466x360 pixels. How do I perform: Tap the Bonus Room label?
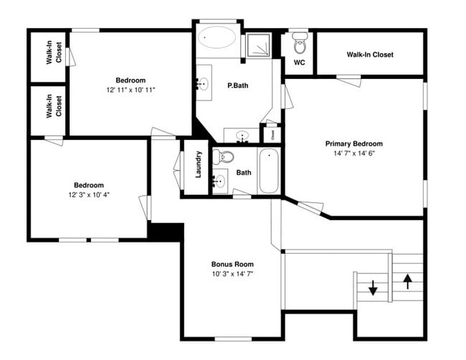click(x=232, y=264)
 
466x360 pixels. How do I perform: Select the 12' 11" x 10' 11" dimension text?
click(x=130, y=90)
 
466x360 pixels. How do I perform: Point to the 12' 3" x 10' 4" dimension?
click(x=89, y=194)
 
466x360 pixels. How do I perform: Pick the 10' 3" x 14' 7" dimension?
click(x=232, y=273)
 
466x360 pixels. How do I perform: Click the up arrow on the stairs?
click(x=408, y=280)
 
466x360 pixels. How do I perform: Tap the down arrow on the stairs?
click(x=373, y=288)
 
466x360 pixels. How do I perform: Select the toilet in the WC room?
click(x=300, y=46)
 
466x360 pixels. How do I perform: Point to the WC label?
click(x=300, y=62)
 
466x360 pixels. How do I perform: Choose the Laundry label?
click(x=199, y=164)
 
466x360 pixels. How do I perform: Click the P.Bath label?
click(x=238, y=86)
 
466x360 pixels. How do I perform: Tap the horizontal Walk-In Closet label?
click(x=369, y=55)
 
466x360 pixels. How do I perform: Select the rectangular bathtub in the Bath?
click(x=268, y=170)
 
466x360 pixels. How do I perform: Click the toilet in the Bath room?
click(x=227, y=156)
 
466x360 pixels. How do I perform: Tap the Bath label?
click(x=244, y=172)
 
